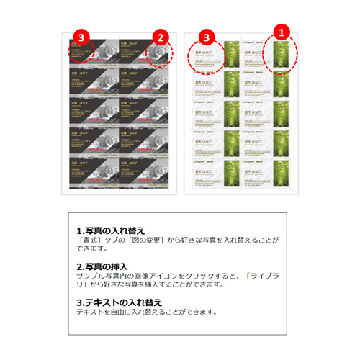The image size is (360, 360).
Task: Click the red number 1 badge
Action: (x=282, y=32)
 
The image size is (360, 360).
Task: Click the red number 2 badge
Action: (x=162, y=35)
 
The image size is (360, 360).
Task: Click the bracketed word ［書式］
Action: (x=91, y=240)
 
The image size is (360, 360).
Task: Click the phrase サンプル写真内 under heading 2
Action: (x=102, y=275)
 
